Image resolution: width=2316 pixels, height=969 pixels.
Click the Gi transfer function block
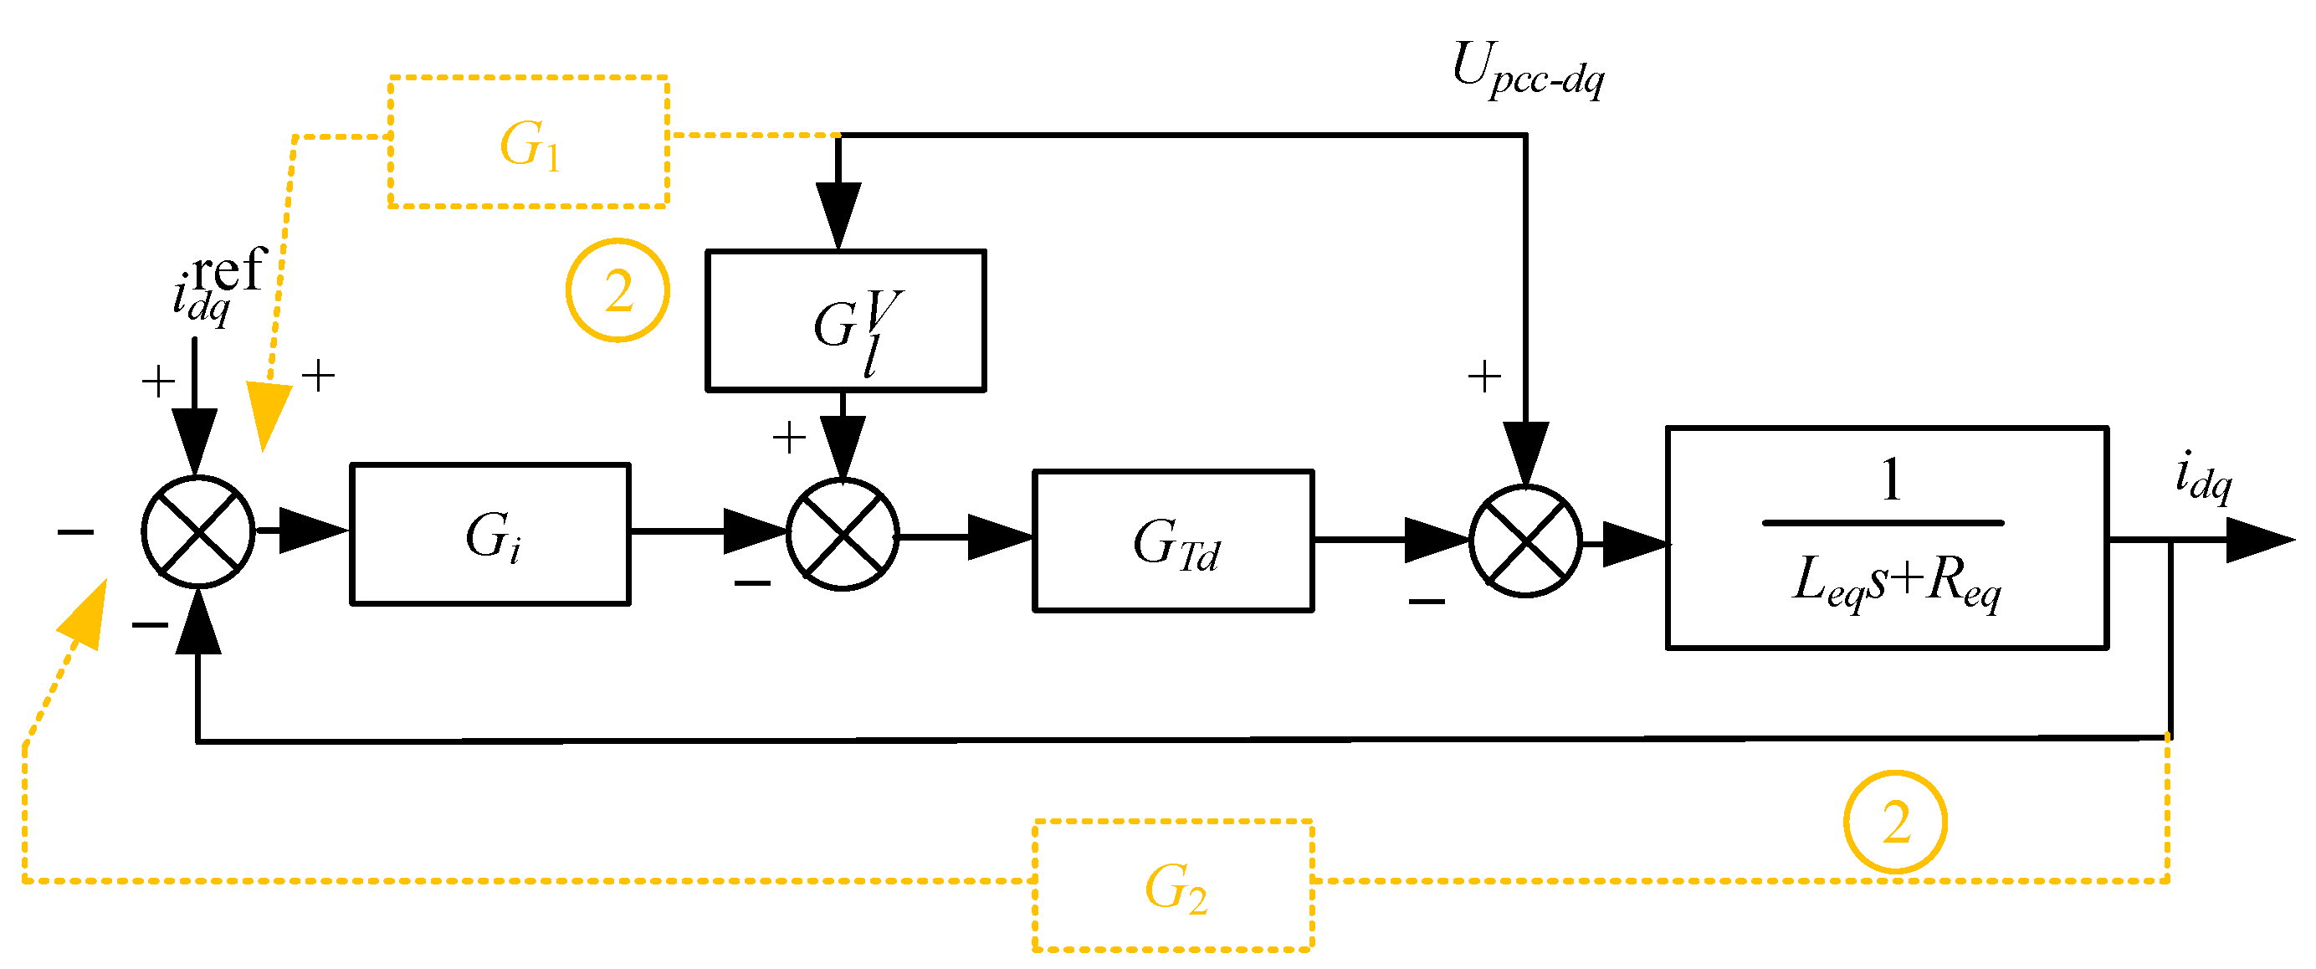pyautogui.click(x=490, y=534)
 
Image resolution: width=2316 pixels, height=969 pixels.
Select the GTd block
pyautogui.click(x=1173, y=541)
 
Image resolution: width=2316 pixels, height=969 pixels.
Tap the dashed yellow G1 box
pyautogui.click(x=529, y=142)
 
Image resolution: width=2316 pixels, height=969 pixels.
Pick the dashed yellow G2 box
pyautogui.click(x=1173, y=885)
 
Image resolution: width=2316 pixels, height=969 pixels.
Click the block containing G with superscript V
pyautogui.click(x=846, y=320)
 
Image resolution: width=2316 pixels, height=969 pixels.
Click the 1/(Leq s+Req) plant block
pyautogui.click(x=1886, y=536)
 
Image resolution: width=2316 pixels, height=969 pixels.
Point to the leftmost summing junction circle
pyautogui.click(x=197, y=532)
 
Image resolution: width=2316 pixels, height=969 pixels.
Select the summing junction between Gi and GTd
pyautogui.click(x=843, y=535)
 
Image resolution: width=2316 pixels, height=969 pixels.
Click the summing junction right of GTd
pyautogui.click(x=1524, y=541)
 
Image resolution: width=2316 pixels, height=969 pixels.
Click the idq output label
pyautogui.click(x=2203, y=476)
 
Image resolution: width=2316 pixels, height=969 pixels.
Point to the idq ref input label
pyautogui.click(x=216, y=283)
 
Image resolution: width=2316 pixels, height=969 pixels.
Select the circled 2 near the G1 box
pyautogui.click(x=617, y=290)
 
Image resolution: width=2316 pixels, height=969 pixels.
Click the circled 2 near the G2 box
pyautogui.click(x=1895, y=822)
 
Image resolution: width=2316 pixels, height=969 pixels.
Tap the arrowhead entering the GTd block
pyautogui.click(x=1000, y=536)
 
